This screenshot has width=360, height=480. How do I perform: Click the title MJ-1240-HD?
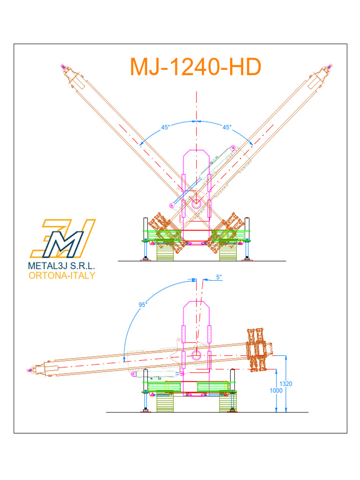click(x=195, y=67)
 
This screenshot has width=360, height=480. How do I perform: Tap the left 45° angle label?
click(x=165, y=127)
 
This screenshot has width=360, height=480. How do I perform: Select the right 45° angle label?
click(x=227, y=127)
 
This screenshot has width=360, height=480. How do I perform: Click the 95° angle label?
click(x=143, y=304)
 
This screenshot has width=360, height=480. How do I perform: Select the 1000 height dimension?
click(x=277, y=390)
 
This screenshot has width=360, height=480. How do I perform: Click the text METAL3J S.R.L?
click(x=62, y=265)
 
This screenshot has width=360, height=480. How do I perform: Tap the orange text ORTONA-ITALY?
click(x=62, y=275)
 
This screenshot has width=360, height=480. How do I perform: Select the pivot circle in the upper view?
click(x=196, y=204)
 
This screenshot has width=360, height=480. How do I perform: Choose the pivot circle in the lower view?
click(x=196, y=354)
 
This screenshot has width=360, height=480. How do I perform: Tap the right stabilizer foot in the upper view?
click(x=247, y=257)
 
